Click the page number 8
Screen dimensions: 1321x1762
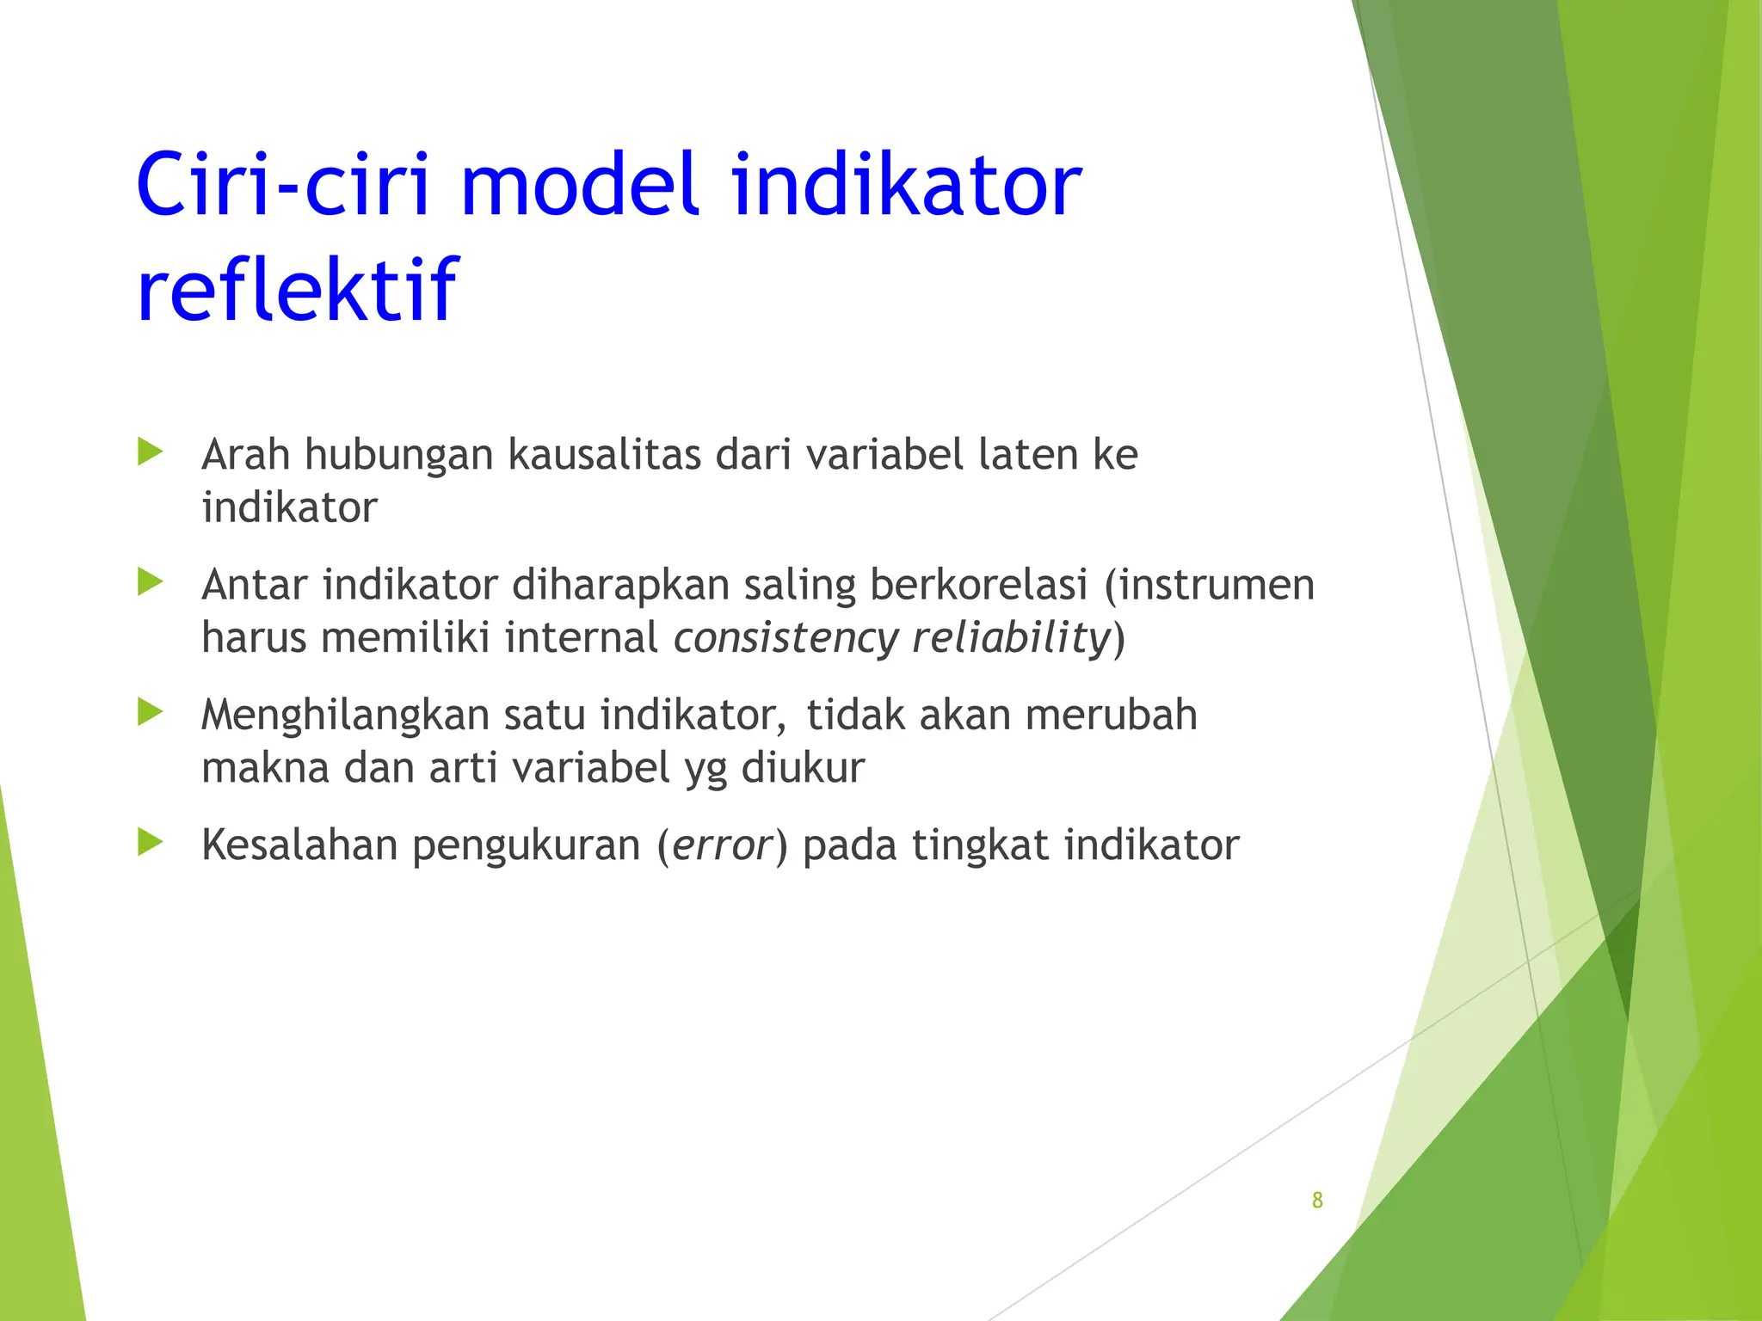[x=1316, y=1201]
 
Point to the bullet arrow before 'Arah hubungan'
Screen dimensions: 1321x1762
[x=150, y=452]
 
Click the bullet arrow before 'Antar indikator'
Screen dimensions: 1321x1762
[x=150, y=582]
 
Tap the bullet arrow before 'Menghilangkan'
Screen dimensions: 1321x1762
[x=150, y=712]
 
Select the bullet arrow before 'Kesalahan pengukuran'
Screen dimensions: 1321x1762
[x=150, y=843]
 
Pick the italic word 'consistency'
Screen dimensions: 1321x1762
[x=786, y=639]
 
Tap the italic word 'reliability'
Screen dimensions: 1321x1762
[x=1011, y=639]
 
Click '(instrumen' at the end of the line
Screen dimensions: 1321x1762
[x=1210, y=585]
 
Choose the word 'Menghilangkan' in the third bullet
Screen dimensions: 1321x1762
[x=345, y=716]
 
